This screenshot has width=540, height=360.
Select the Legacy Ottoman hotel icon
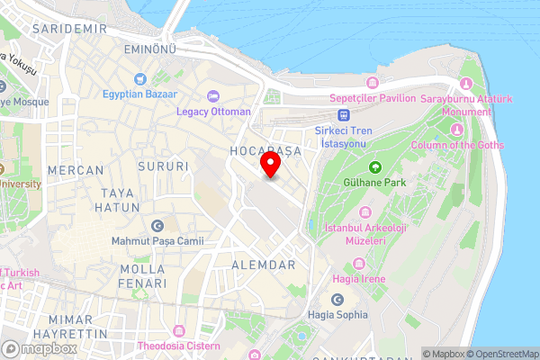coord(213,96)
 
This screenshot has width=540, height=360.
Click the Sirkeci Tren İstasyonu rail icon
coord(343,114)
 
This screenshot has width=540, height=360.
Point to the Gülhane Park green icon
coord(374,167)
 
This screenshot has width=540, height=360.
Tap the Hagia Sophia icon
coord(337,300)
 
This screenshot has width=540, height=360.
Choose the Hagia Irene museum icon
coord(360,264)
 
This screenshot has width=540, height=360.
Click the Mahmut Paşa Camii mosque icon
coord(158,226)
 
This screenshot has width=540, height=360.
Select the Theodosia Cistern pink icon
coord(177,332)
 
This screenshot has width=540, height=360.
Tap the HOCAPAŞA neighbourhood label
coord(264,148)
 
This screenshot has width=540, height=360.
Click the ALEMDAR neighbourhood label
coord(264,265)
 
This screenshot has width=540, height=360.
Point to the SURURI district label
coord(164,166)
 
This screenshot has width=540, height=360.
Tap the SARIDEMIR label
coord(63,29)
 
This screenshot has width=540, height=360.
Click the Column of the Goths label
coord(458,145)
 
